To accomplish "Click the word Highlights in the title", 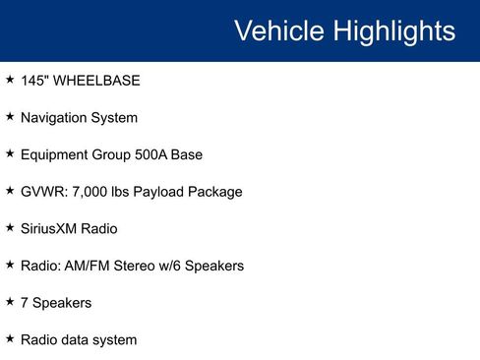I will click(x=392, y=31).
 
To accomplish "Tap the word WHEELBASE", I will click(x=97, y=80).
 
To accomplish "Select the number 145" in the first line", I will click(x=35, y=80).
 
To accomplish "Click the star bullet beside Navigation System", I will click(x=9, y=116).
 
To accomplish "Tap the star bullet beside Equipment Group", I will click(x=9, y=153).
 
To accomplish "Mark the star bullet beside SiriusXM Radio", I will click(x=9, y=227).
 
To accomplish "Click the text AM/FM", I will click(x=91, y=266).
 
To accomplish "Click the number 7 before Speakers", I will click(x=25, y=303).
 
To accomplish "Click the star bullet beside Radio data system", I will click(x=9, y=338).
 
